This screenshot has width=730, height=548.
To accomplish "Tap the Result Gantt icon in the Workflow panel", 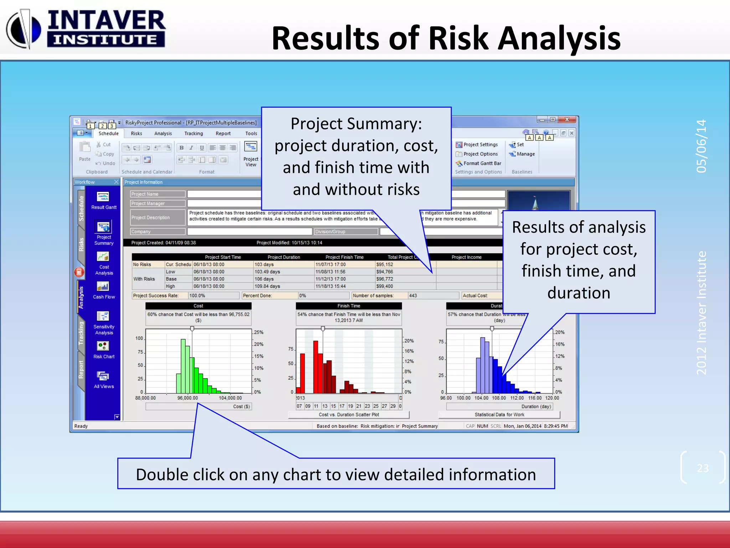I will point(103,197).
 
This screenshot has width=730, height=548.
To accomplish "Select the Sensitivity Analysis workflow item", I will point(103,316).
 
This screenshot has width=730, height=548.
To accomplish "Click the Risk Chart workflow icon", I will point(103,346).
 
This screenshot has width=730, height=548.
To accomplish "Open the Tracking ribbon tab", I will point(194,133).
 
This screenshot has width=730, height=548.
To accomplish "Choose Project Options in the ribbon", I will point(480,154).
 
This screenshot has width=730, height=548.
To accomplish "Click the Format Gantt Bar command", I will point(482,163).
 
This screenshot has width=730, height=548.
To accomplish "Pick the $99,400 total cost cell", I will point(385,286).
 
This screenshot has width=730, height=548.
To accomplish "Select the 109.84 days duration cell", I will point(267,286).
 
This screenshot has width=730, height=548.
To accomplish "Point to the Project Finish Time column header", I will point(344,257).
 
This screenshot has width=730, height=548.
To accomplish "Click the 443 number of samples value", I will point(413,296).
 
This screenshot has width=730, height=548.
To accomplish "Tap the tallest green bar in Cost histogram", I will point(183,366).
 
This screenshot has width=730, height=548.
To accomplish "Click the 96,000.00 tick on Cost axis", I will point(187,398).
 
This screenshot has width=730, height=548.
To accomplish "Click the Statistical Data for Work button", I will point(499,415).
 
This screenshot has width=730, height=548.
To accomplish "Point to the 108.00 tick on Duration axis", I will point(499,398).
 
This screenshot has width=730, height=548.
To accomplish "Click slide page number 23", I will point(703,468).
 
